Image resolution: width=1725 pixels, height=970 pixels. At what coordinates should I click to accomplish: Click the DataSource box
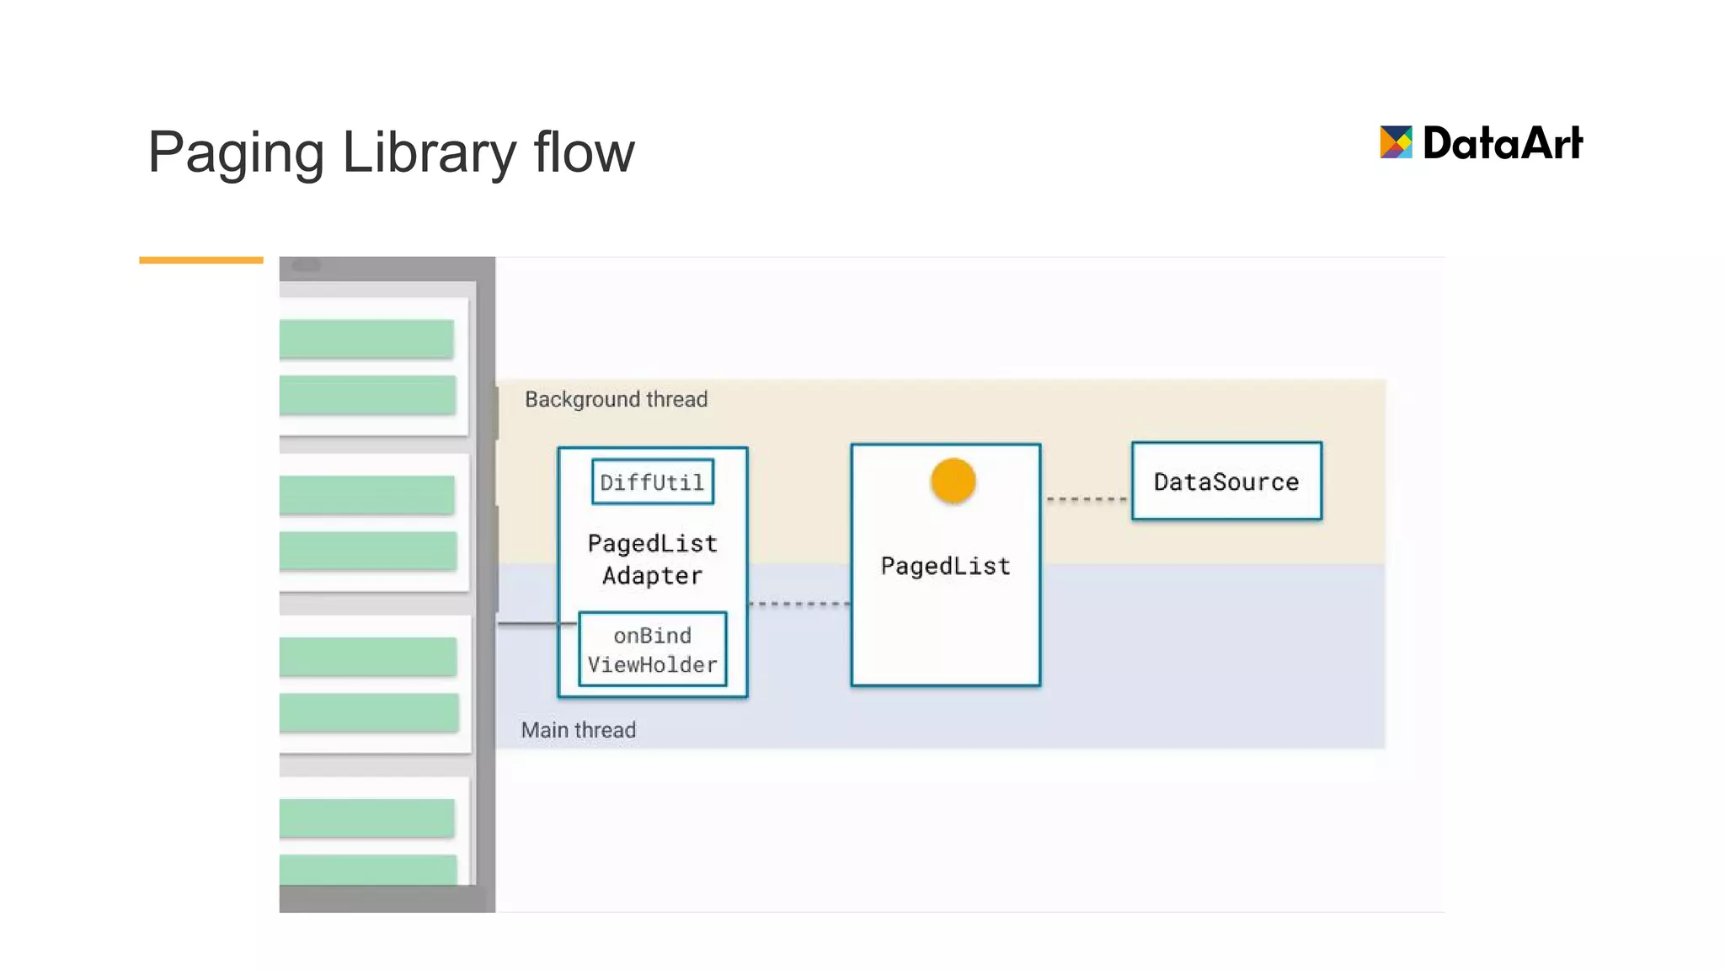pos(1226,481)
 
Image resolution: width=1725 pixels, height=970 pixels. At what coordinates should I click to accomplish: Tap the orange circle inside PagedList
pos(953,481)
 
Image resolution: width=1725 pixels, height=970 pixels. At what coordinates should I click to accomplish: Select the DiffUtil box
pos(652,482)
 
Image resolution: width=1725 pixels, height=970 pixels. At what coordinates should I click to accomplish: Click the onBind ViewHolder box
pos(652,649)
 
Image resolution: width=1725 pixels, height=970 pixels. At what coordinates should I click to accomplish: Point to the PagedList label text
pos(945,566)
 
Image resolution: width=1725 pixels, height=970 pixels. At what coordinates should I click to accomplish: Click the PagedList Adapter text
pos(652,559)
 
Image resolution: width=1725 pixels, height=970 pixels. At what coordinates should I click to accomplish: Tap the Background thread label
pos(616,399)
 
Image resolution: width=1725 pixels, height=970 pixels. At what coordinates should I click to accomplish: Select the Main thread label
pos(578,730)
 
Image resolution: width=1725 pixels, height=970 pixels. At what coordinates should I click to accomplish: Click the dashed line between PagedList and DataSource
pos(1086,499)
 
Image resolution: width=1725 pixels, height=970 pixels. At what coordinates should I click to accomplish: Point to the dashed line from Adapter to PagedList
pos(798,604)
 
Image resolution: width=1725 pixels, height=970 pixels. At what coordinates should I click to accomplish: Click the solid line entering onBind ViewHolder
pos(537,624)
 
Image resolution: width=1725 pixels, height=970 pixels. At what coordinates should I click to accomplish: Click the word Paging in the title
pos(236,153)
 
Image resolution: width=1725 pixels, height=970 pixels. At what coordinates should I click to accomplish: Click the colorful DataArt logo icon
pos(1396,142)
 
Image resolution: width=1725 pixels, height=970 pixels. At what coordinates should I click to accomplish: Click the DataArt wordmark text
pos(1503,143)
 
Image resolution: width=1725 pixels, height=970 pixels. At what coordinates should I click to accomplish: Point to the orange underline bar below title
pos(200,260)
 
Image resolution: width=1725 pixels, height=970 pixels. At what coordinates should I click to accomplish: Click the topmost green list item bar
pos(366,338)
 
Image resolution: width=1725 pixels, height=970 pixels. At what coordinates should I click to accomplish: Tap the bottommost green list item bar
pos(368,870)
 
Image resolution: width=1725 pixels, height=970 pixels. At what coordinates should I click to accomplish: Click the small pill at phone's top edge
pos(306,265)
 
